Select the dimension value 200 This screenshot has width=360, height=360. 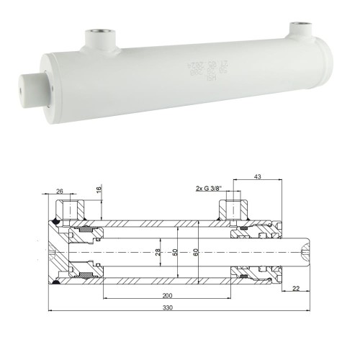pos(166,295)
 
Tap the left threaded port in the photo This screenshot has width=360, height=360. pos(97,35)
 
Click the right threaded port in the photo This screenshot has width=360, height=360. pos(298,30)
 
